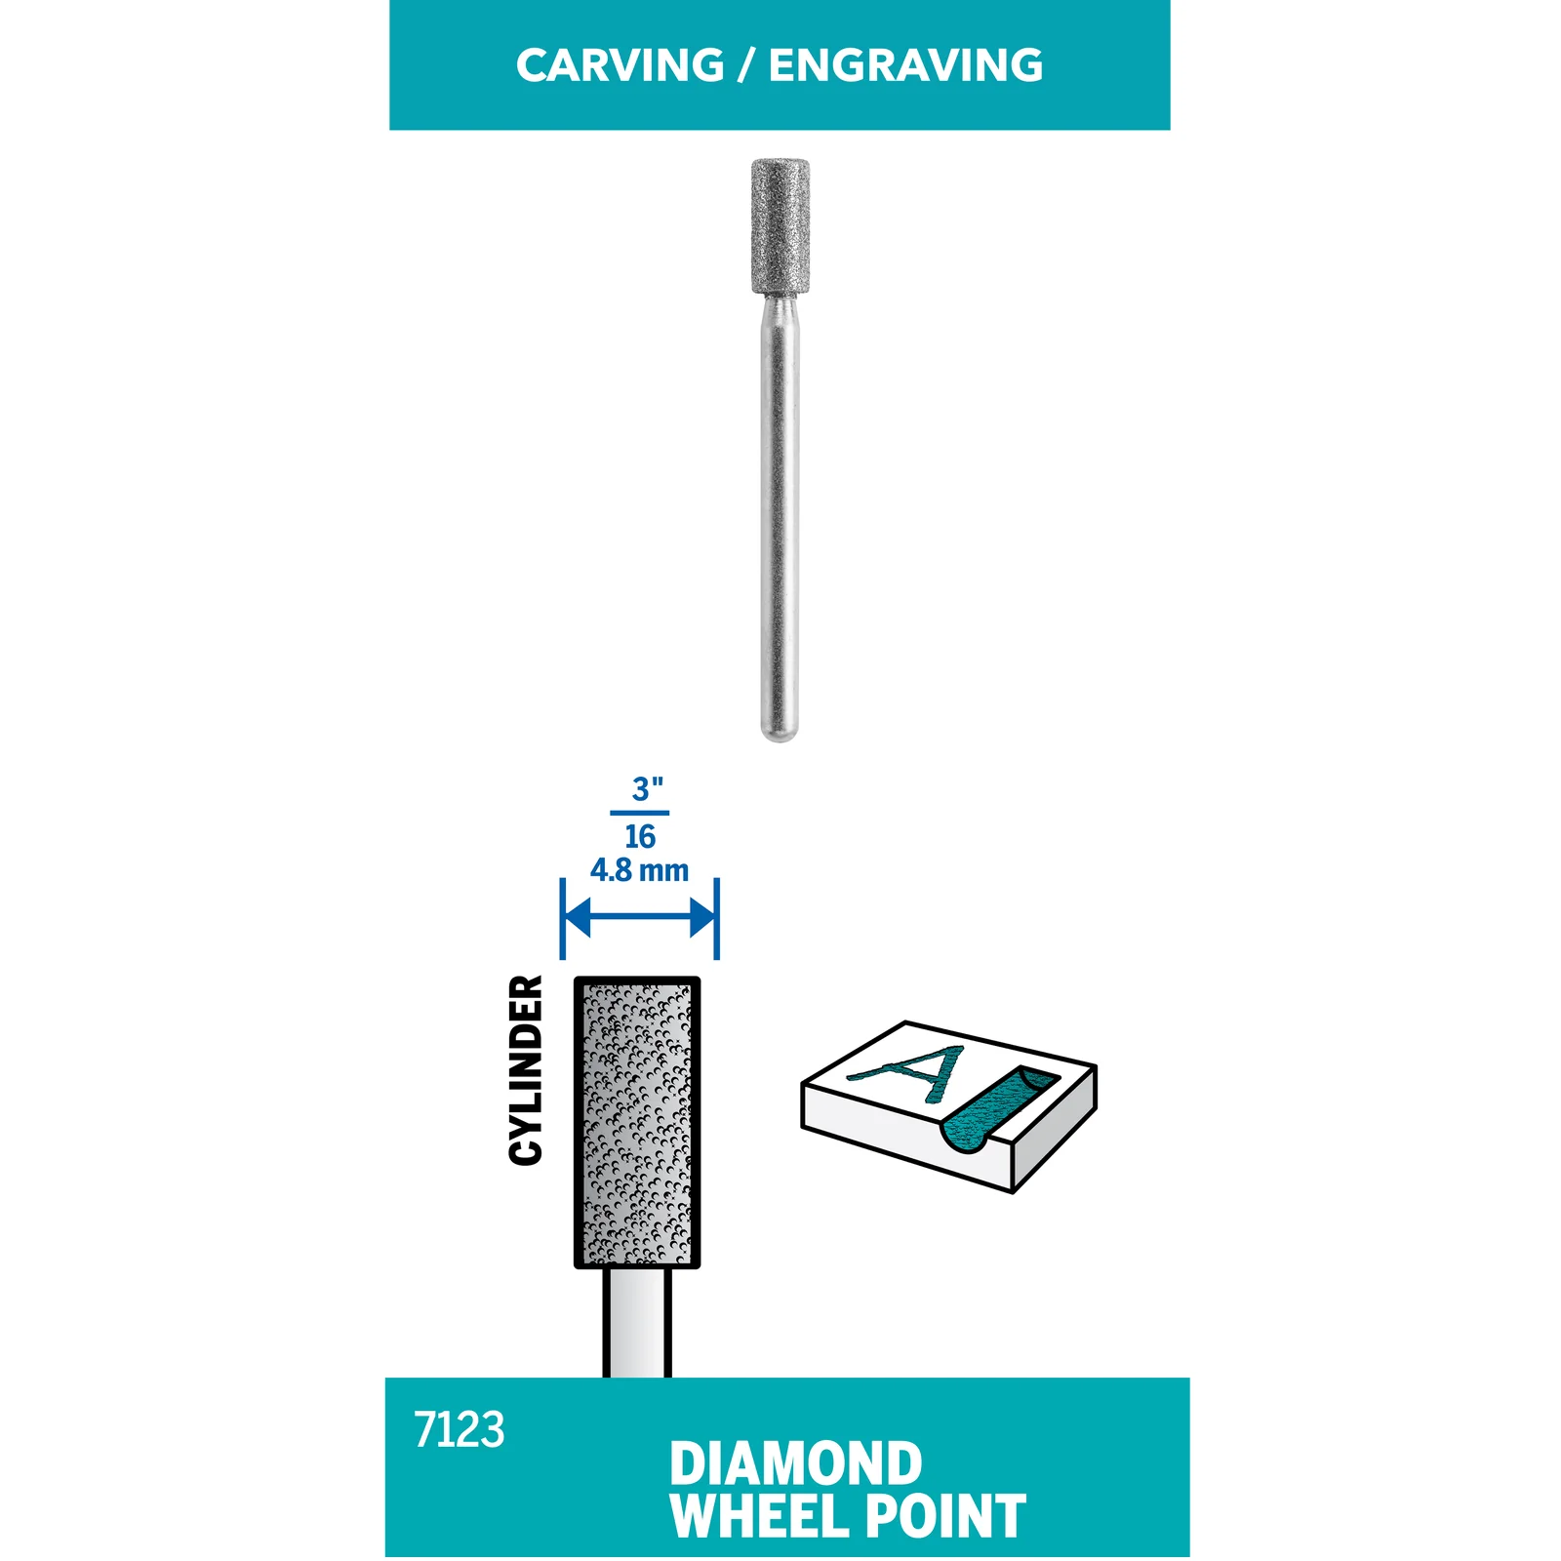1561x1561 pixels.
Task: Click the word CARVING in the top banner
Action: [620, 65]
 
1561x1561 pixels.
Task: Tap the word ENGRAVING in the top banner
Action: [906, 65]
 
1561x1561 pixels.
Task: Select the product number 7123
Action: [460, 1430]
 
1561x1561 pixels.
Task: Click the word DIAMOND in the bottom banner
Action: [796, 1463]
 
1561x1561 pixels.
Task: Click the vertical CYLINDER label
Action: [526, 1070]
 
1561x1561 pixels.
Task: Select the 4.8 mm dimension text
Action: [639, 869]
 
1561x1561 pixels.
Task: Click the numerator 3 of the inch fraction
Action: [641, 789]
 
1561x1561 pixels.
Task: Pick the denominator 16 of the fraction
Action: [640, 836]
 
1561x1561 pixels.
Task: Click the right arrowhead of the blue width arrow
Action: [702, 917]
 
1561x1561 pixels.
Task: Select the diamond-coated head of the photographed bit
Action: [780, 226]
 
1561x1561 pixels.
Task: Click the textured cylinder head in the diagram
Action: [637, 1122]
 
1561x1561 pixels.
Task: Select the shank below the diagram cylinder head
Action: [637, 1323]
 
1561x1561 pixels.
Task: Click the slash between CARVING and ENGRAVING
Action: [746, 65]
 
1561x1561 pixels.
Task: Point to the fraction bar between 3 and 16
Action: [640, 813]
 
